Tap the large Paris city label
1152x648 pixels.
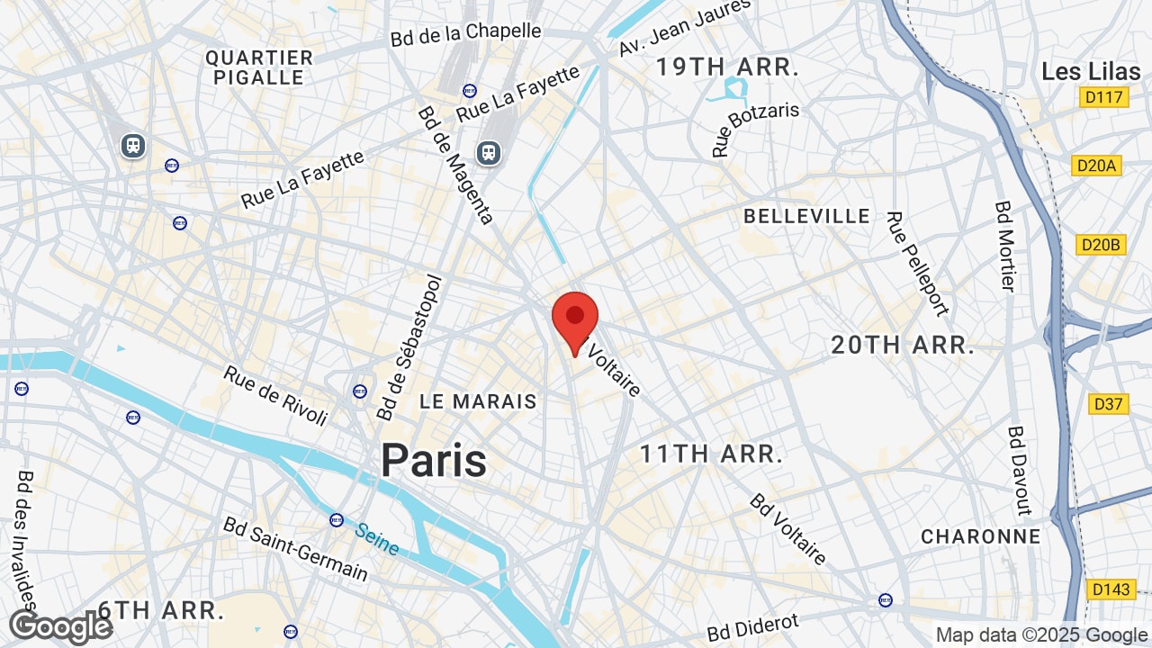pos(433,460)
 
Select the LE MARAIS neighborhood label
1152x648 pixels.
pos(478,401)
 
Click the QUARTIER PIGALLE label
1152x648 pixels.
pos(259,67)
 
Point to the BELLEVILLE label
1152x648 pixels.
pos(807,216)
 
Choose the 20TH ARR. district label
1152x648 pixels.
pos(903,345)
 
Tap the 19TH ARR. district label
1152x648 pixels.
pos(727,67)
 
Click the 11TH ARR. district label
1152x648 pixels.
pos(711,454)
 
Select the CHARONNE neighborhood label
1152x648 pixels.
pos(980,536)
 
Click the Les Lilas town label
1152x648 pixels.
pos(1084,72)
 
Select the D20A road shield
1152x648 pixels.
pos(1097,166)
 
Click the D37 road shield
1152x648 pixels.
pos(1108,404)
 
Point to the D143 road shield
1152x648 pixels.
pos(1110,589)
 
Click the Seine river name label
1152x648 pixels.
pos(377,538)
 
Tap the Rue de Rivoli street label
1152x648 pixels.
pos(274,396)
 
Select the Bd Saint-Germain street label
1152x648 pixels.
pos(295,548)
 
